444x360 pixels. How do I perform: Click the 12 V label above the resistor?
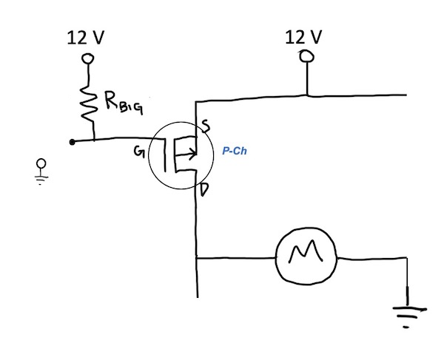click(86, 38)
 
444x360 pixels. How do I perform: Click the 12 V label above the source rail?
click(303, 37)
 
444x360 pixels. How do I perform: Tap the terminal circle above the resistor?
click(87, 59)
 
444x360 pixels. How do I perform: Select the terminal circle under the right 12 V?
click(306, 56)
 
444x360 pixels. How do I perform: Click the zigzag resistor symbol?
click(87, 103)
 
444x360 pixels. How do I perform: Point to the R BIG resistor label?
click(124, 102)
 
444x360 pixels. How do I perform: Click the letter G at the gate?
click(139, 152)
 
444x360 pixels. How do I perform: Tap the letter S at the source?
click(206, 126)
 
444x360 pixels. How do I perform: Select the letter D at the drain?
click(204, 189)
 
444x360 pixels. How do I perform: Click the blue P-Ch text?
click(235, 151)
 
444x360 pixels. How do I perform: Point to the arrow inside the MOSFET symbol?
click(186, 154)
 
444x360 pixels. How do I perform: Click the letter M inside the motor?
click(306, 251)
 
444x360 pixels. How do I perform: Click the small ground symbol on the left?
click(41, 171)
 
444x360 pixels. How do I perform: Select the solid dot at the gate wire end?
click(73, 142)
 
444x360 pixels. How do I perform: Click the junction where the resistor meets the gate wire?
click(94, 140)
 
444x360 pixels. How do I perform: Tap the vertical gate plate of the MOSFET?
click(164, 154)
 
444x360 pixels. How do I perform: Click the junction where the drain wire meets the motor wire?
click(197, 258)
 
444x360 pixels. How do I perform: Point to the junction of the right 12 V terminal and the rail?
click(307, 95)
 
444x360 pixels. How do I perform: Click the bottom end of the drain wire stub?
click(198, 297)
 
